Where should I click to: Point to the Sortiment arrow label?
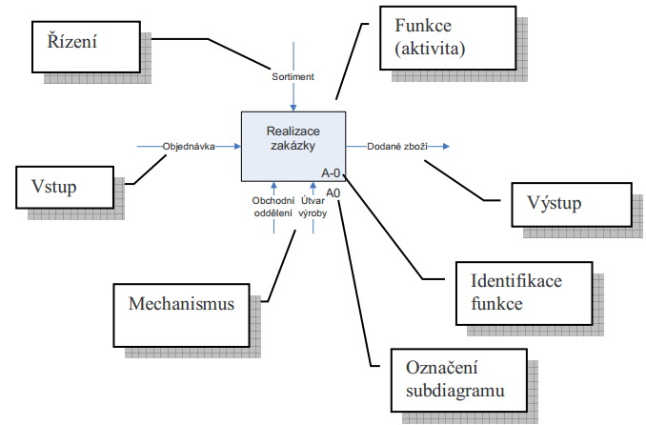294,75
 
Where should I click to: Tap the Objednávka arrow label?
189,147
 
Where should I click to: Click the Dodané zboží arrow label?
397,147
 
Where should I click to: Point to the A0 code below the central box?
333,192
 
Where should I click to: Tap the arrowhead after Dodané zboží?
447,147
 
